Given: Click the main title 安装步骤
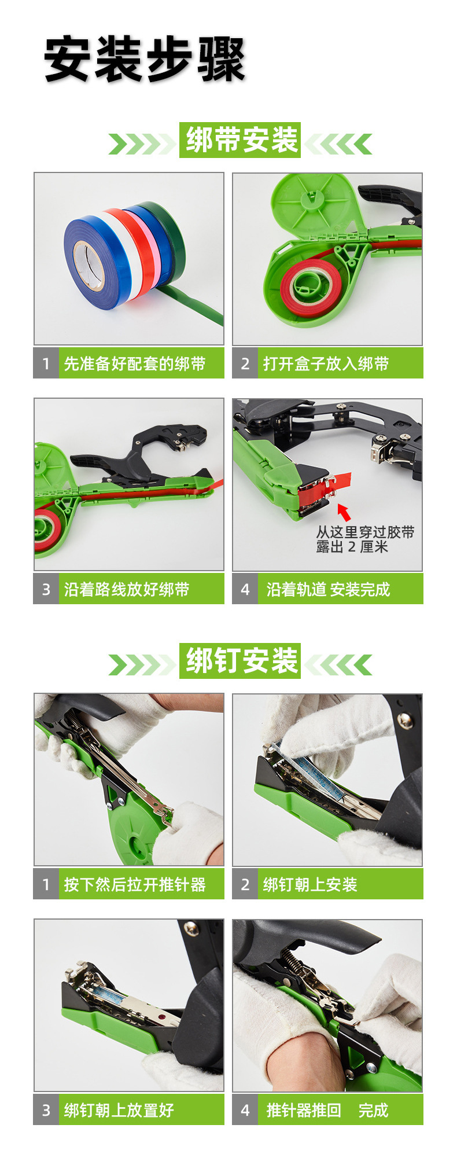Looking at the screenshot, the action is pyautogui.click(x=145, y=60).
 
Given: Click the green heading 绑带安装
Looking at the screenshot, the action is pyautogui.click(x=241, y=140).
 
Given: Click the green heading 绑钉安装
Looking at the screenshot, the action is pyautogui.click(x=241, y=660).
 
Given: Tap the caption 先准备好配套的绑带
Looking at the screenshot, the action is pyautogui.click(x=135, y=363).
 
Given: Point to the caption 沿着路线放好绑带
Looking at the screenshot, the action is pyautogui.click(x=127, y=589).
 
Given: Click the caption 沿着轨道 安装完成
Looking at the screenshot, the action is pyautogui.click(x=328, y=589).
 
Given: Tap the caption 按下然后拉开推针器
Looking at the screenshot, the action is pyautogui.click(x=135, y=884).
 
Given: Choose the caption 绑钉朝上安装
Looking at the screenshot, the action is pyautogui.click(x=310, y=884).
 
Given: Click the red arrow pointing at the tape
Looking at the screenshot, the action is pyautogui.click(x=344, y=512).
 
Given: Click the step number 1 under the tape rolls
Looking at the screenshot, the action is pyautogui.click(x=46, y=363).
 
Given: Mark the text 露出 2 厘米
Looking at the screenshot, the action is pyautogui.click(x=352, y=547).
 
